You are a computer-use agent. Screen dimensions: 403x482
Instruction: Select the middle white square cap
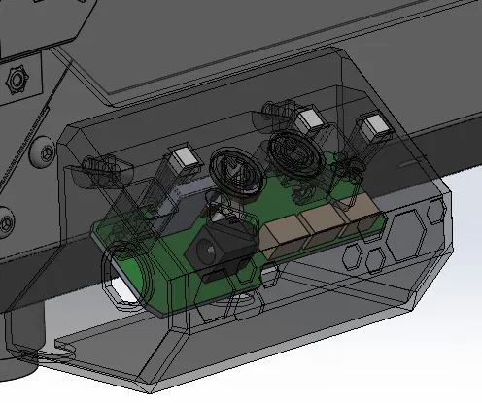pyautogui.click(x=310, y=121)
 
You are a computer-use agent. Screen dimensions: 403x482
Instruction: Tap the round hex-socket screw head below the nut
pyautogui.click(x=43, y=151)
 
